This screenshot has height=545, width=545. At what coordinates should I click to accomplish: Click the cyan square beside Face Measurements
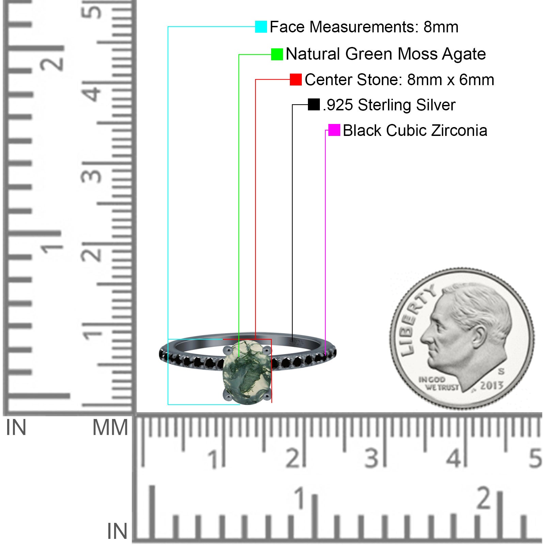pyautogui.click(x=261, y=27)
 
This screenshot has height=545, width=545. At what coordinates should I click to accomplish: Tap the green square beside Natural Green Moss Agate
pyautogui.click(x=277, y=54)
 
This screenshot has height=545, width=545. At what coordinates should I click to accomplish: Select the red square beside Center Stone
pyautogui.click(x=296, y=80)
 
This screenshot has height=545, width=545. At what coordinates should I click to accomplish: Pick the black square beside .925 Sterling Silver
pyautogui.click(x=314, y=105)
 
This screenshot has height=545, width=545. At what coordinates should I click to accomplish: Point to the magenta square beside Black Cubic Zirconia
pyautogui.click(x=334, y=130)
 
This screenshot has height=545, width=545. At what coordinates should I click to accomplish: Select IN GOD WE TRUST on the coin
pyautogui.click(x=438, y=383)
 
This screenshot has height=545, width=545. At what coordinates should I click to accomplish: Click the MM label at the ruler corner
pyautogui.click(x=110, y=427)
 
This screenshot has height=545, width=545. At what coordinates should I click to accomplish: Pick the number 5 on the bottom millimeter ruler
pyautogui.click(x=535, y=458)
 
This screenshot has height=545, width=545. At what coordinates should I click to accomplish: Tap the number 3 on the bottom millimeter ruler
pyautogui.click(x=371, y=458)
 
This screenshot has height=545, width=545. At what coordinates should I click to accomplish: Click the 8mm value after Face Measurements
pyautogui.click(x=441, y=27)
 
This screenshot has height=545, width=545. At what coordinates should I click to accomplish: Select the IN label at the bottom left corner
pyautogui.click(x=117, y=531)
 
